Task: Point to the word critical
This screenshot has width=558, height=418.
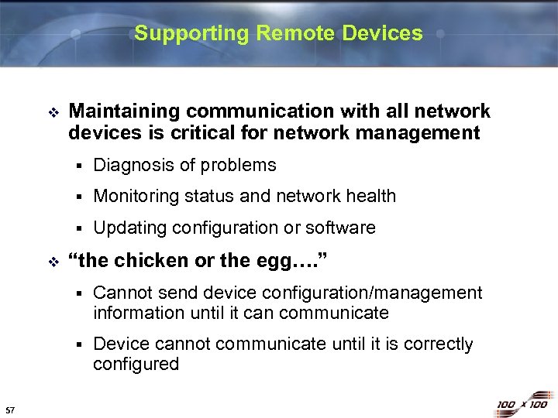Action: (226, 133)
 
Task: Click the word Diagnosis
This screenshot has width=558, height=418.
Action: (131, 165)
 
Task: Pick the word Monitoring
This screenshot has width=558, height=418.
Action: (136, 197)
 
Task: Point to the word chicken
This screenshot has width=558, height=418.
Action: (146, 261)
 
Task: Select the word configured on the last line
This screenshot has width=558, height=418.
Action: (136, 364)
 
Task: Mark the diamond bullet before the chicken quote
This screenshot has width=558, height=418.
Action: (52, 262)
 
